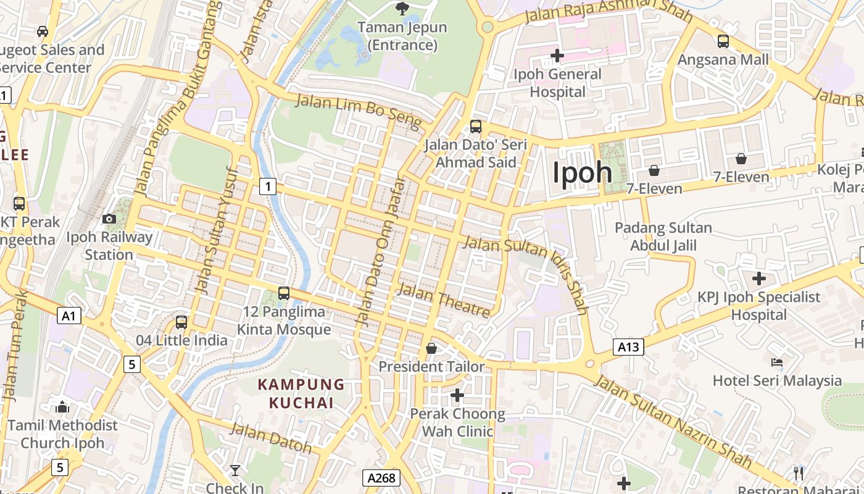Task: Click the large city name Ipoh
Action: coord(582,172)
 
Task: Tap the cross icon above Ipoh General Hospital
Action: coord(557,56)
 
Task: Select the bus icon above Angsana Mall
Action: coord(723,41)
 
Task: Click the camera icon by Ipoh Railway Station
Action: coord(109,219)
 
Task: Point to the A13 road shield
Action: coord(628,347)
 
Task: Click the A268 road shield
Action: coord(381,477)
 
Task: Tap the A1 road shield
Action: coord(69,316)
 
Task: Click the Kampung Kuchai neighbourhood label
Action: coord(301,393)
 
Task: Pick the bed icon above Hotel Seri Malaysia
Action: coord(777,362)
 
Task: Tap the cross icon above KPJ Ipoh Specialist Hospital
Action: coord(759,278)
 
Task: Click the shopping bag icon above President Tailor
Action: coord(431,349)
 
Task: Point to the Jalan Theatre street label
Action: coord(444,300)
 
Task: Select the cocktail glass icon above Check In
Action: coord(235,471)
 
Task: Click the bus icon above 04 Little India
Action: coord(181,322)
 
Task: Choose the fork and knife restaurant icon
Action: coord(799,474)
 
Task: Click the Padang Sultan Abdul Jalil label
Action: coord(663,237)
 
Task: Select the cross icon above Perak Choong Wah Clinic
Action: coord(457,395)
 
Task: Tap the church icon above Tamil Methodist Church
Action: coord(62,407)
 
